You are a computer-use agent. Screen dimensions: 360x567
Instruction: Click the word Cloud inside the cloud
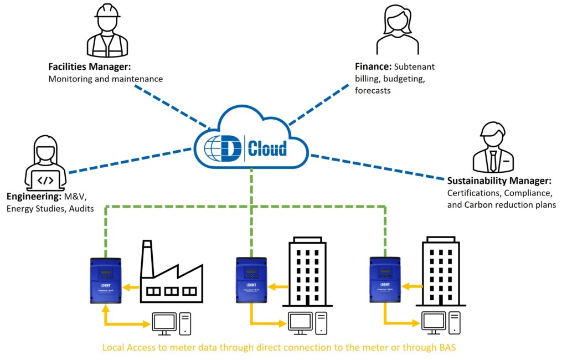(267, 148)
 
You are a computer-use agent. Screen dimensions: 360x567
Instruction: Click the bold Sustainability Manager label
(498, 181)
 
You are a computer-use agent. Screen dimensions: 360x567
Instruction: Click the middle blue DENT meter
(251, 281)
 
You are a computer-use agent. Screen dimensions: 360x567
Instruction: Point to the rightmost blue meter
(384, 281)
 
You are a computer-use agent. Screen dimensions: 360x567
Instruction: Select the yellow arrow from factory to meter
(131, 287)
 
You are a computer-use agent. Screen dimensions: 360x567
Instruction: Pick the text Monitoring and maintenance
(105, 79)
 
